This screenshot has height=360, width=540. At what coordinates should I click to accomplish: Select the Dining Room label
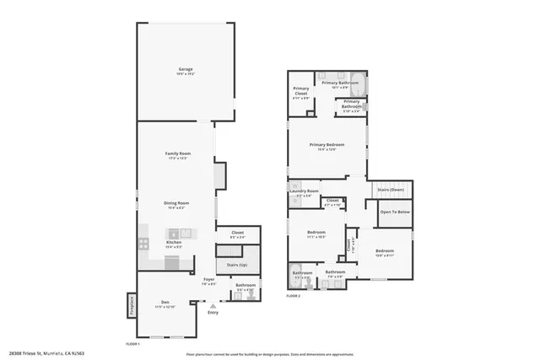[175, 203]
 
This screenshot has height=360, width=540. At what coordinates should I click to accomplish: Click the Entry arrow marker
[213, 306]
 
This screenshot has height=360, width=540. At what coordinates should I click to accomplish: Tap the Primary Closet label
[301, 91]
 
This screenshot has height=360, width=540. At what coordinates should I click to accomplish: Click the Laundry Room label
[303, 191]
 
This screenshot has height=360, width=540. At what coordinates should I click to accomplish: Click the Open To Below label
[395, 212]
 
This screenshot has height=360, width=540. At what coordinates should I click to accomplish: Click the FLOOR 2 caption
[292, 296]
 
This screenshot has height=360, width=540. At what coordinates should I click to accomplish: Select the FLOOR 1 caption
[132, 344]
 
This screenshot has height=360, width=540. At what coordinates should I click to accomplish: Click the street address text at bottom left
[46, 353]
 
